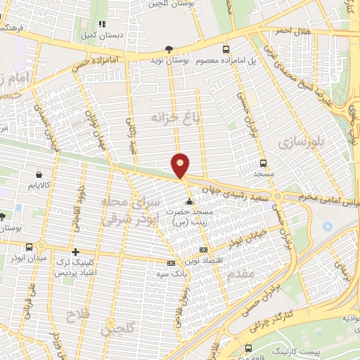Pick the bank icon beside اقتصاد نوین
pyautogui.click(x=204, y=250)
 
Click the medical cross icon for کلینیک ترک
pyautogui.click(x=75, y=252)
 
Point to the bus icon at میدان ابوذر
pyautogui.click(x=29, y=247)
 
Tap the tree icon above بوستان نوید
pyautogui.click(x=167, y=49)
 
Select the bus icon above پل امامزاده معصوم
pyautogui.click(x=226, y=49)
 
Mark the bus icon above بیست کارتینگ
pyautogui.click(x=247, y=347)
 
